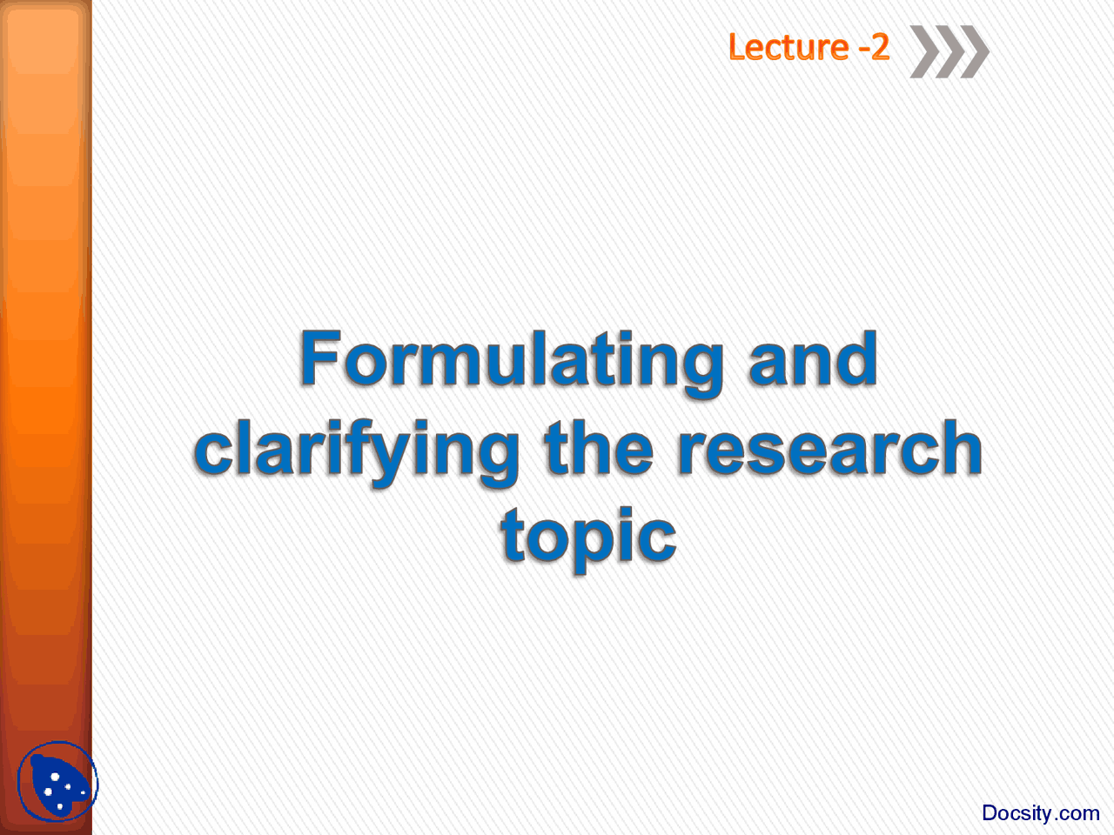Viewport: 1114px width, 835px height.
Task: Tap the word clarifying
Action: (357, 450)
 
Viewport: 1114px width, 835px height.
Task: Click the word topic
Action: (588, 537)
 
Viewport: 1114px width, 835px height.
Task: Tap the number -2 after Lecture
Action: (874, 47)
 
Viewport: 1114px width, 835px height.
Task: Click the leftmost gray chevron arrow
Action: (924, 52)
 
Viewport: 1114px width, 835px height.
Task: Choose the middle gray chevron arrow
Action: (949, 52)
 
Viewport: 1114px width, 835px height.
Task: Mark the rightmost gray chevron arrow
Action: (974, 52)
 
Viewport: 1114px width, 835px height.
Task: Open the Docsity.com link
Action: (1040, 813)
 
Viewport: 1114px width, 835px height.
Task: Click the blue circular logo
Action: (57, 782)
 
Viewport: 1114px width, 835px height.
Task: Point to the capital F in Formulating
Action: (319, 358)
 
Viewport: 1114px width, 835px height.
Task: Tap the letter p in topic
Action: (593, 541)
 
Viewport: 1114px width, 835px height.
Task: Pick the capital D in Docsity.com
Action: (990, 813)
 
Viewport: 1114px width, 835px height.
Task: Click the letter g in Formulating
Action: (698, 367)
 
